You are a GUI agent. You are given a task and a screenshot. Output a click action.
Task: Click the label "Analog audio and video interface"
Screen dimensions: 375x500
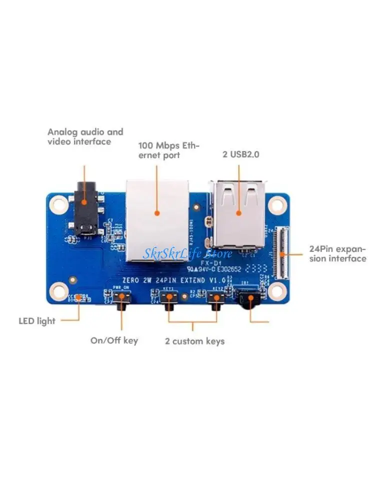(85, 136)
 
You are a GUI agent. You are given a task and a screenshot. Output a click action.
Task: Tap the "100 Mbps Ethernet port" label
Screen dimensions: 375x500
(168, 150)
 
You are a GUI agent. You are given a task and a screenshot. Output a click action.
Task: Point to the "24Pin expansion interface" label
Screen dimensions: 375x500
(337, 253)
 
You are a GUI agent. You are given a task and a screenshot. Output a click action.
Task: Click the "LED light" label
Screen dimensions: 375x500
(37, 321)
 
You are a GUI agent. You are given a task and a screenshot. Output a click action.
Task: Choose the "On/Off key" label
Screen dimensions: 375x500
(114, 340)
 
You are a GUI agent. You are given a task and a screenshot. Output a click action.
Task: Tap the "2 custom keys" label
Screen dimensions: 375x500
(194, 341)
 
